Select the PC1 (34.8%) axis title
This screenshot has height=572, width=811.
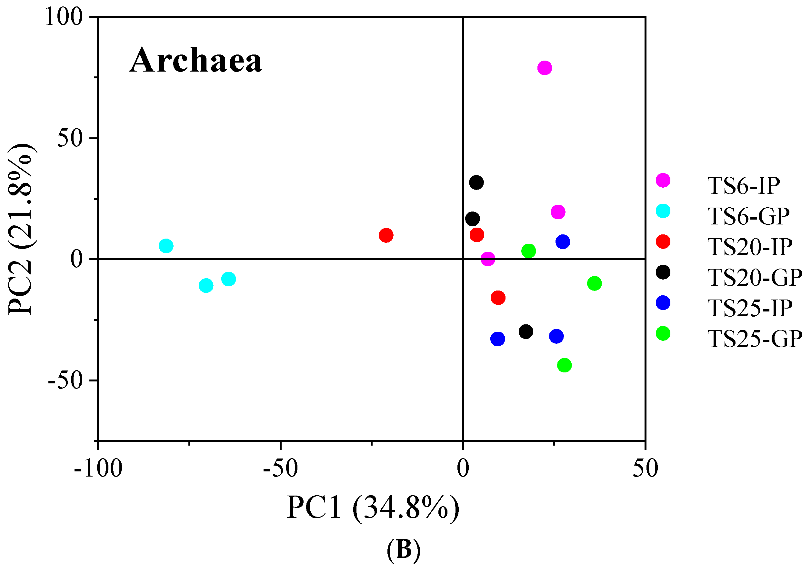pos(373,508)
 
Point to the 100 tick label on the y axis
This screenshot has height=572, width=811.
pos(64,17)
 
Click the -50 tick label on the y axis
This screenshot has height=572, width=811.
pos(65,380)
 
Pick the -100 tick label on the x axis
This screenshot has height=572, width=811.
pos(98,469)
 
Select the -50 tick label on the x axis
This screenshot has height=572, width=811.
pos(280,469)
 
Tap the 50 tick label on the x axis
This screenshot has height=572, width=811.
pos(645,469)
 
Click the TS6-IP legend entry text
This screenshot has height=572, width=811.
pos(744,186)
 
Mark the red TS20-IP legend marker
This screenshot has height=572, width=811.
pos(663,242)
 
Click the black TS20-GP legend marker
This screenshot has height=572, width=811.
pos(663,272)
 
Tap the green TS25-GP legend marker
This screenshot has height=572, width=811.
pos(663,334)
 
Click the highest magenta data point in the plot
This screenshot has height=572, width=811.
pos(545,68)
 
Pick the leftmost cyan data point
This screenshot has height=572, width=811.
pos(166,246)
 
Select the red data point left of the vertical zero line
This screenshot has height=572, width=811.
pos(386,235)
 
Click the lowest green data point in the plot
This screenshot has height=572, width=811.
pos(565,365)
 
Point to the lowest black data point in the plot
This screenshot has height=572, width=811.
pos(526,331)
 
